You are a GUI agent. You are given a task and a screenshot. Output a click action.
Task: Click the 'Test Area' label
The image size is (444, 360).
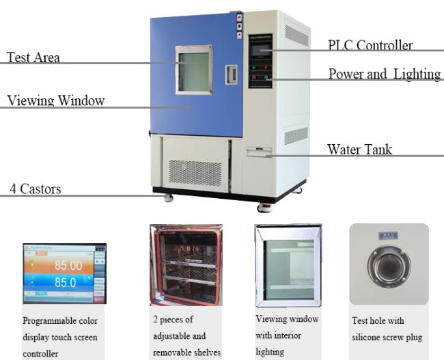pos(33,57)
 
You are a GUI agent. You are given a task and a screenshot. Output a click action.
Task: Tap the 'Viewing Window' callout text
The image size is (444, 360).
pos(56,100)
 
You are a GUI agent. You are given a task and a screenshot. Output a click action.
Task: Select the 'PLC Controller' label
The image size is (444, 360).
pos(370,45)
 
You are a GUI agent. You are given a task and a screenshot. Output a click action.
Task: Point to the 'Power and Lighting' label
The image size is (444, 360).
pos(385,74)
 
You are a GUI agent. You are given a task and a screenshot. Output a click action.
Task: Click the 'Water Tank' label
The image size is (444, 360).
pos(359,150)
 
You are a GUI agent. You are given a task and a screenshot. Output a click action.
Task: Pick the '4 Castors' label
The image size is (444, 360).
pos(36,189)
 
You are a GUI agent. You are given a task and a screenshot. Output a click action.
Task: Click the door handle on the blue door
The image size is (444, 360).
pos(232,74)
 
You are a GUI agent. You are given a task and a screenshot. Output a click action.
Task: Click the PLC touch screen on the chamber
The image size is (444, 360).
pos(260,51)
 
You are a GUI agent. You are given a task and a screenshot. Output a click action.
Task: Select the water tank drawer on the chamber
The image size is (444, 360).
pos(259,152)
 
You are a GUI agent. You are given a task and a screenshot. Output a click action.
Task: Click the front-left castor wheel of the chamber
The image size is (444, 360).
pos(169,197)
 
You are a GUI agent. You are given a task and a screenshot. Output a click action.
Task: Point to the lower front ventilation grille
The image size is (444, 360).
pos(195,173)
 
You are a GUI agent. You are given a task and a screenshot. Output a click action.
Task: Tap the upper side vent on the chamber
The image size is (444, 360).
pos(296,36)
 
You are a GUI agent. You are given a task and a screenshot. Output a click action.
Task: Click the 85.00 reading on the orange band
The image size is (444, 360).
pos(68,266)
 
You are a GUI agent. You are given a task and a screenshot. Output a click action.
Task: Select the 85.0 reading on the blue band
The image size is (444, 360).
pos(66,282)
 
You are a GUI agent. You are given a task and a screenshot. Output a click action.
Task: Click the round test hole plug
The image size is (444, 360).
pos(389,266)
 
